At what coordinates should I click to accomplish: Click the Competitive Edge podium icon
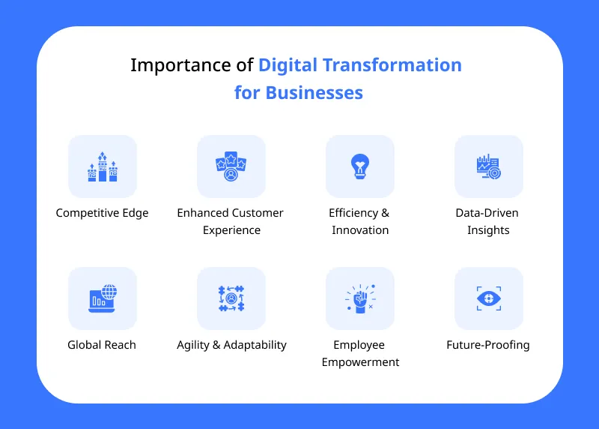point(103,167)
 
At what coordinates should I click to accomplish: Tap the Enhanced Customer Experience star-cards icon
point(231,167)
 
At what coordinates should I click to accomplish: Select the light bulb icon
point(360,166)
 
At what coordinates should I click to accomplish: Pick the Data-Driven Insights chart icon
point(488,166)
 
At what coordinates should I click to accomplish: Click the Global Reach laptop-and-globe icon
point(103,298)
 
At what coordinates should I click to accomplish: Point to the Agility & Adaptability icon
point(231,298)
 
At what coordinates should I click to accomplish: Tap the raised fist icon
point(360,298)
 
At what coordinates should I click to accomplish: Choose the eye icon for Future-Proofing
point(488,298)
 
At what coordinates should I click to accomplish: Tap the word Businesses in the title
point(314,93)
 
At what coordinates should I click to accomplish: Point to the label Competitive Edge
point(103,213)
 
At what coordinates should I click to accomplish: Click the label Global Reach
point(102,345)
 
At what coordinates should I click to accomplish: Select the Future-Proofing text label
point(488,345)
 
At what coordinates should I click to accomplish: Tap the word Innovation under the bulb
point(360,230)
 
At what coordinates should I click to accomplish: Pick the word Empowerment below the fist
point(360,362)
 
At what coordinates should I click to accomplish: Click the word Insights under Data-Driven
point(488,230)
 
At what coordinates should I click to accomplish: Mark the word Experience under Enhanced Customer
point(231,230)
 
